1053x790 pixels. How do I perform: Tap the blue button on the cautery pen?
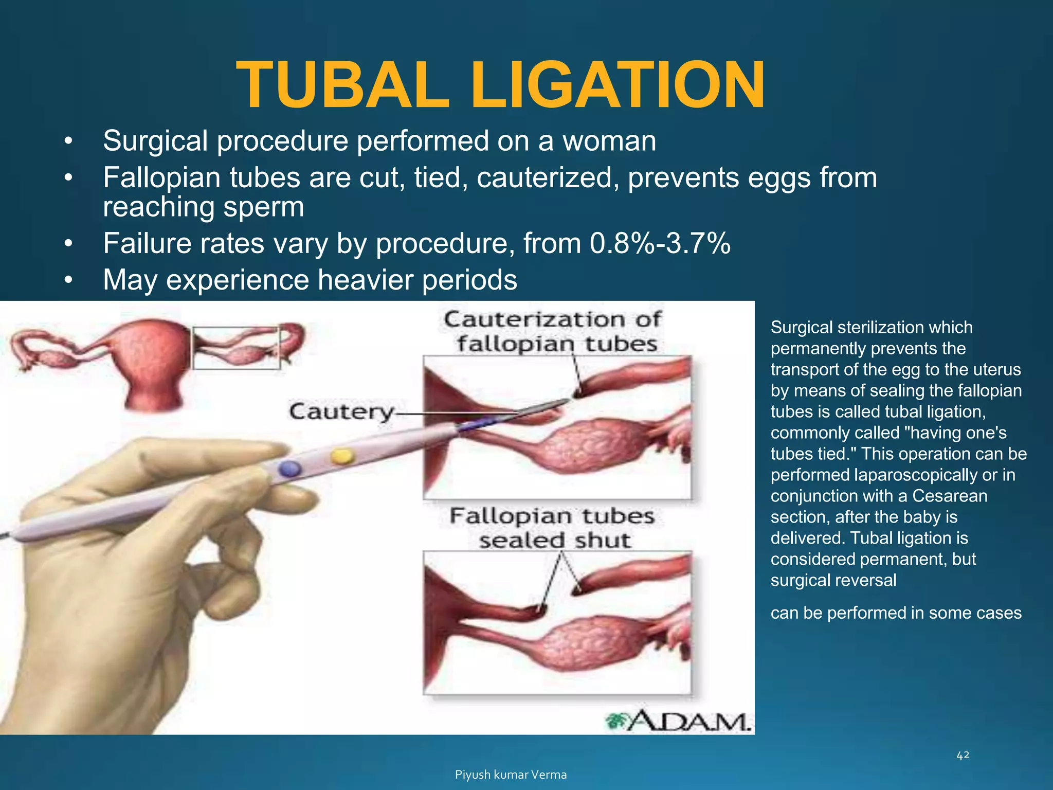point(289,468)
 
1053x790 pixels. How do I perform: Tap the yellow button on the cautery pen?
point(342,456)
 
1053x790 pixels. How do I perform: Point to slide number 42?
point(963,755)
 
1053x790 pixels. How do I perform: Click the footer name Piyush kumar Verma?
point(511,775)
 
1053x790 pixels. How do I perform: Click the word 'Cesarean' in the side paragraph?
point(949,496)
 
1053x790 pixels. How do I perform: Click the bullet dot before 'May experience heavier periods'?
point(68,281)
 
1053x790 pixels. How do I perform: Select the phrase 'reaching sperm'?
point(203,207)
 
